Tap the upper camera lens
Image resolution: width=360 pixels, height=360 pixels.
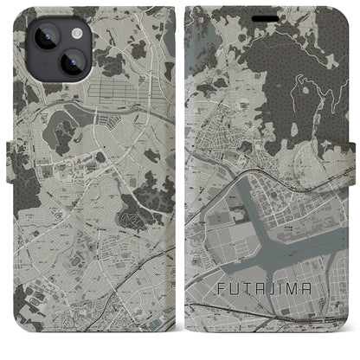[x=35, y=34]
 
